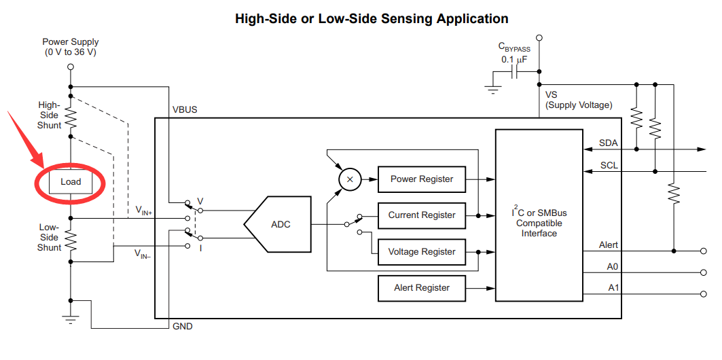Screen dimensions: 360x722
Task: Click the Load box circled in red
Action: [x=71, y=181]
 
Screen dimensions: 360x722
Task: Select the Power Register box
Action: [x=422, y=179]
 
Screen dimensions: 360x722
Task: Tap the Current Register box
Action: [x=422, y=215]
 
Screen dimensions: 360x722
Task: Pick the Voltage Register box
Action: [x=422, y=252]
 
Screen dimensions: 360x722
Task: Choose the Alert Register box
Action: [x=422, y=288]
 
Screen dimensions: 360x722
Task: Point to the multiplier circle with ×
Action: [x=350, y=179]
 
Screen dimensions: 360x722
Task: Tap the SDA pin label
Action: [x=609, y=143]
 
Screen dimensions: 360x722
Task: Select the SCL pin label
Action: [x=609, y=165]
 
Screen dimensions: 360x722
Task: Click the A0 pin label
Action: [x=613, y=267]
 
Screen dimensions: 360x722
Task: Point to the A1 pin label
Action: [x=613, y=288]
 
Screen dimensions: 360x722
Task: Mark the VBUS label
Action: [x=185, y=109]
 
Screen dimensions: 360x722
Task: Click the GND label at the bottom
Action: [x=183, y=327]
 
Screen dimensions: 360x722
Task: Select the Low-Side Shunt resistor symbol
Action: [x=71, y=239]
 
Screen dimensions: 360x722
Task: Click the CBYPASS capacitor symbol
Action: [x=515, y=73]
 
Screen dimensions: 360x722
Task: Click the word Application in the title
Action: [x=469, y=18]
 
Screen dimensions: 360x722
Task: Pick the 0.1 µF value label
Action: [x=514, y=60]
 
